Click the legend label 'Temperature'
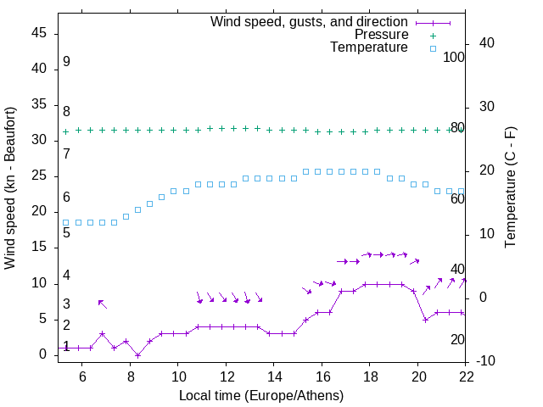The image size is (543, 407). tap(369, 47)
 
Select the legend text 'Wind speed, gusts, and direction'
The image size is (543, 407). tap(309, 21)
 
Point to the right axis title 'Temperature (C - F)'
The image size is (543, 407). tap(510, 187)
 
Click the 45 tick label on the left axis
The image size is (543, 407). tap(38, 33)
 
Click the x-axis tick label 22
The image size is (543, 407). tap(466, 376)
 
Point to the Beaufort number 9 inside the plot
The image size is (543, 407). tap(66, 62)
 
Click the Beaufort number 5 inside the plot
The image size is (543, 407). tap(66, 232)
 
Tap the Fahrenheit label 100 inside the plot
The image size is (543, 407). tap(454, 58)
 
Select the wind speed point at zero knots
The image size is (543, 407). tap(137, 355)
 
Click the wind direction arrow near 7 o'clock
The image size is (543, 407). tap(102, 304)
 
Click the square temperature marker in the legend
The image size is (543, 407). tap(433, 48)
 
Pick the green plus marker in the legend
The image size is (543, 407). tap(433, 36)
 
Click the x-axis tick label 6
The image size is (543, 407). tap(82, 376)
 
